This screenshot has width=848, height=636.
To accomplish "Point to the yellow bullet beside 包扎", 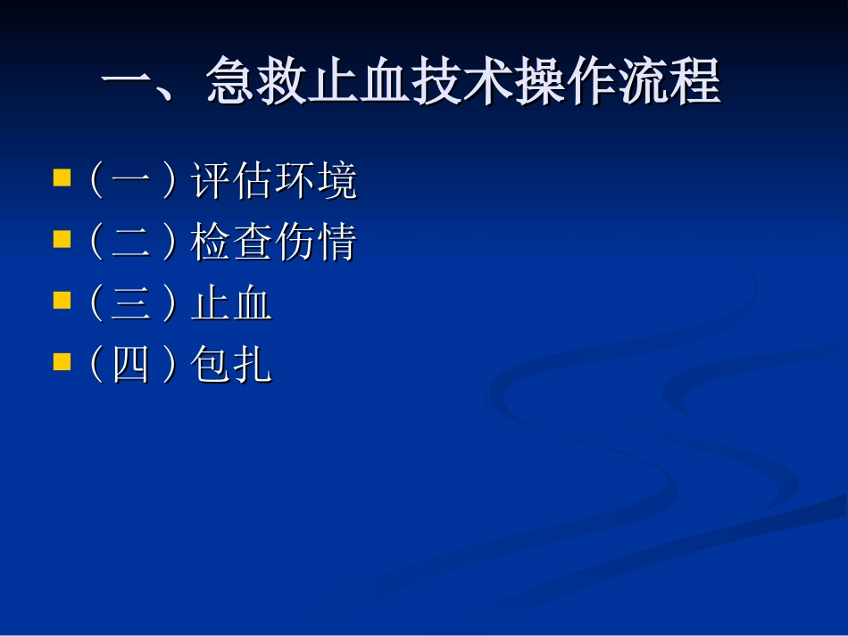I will point(62,361).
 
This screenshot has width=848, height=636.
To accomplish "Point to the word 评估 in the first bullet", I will point(232,182).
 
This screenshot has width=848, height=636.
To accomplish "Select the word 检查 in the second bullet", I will point(232,244).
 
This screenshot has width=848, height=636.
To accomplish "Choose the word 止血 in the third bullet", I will point(232,305).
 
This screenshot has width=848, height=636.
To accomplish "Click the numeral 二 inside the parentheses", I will point(131,244).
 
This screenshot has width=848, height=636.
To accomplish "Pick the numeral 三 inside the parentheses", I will point(131,305).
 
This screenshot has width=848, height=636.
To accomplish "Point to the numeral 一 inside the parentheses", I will point(131,182).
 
